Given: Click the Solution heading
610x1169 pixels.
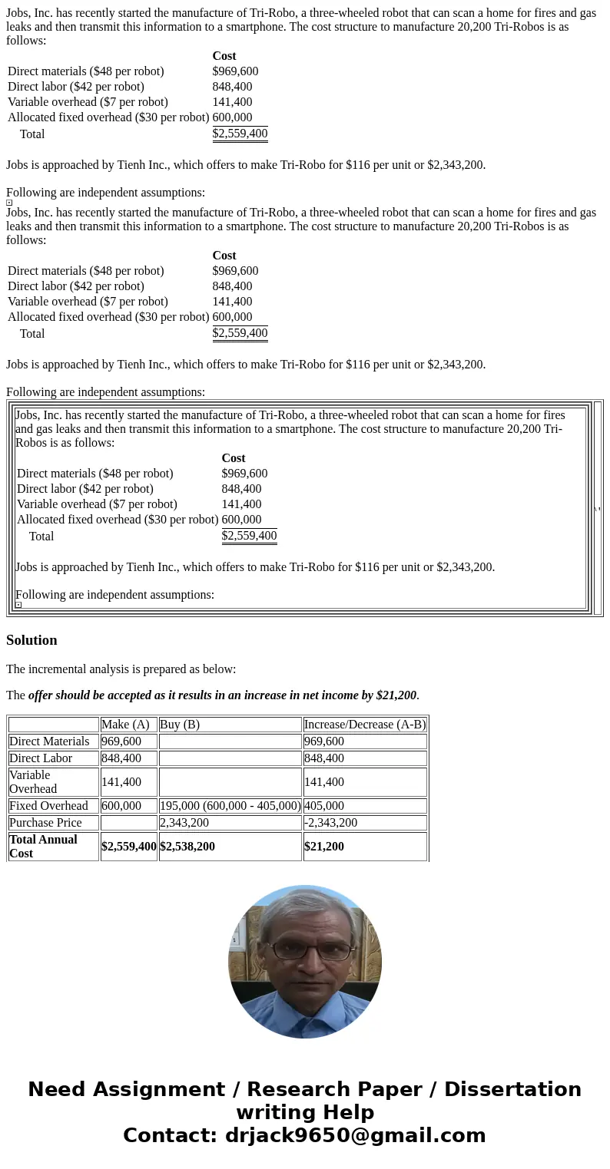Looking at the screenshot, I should (31, 640).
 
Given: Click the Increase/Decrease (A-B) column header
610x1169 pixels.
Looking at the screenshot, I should (365, 725).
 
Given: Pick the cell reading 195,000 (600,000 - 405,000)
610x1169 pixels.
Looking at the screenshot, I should (230, 806).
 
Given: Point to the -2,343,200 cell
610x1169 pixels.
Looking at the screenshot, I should (330, 823).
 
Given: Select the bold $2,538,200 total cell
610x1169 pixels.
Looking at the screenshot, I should (187, 847).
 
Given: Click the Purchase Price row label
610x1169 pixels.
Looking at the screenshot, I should (45, 823).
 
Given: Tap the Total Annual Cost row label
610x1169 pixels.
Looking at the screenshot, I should (43, 847).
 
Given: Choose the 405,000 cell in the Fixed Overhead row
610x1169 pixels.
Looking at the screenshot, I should (324, 806).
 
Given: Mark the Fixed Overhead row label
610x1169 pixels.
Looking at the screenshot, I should (48, 806).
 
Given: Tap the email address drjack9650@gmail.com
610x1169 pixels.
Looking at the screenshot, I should (355, 1136).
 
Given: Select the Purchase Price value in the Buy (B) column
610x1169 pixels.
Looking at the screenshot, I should (184, 823).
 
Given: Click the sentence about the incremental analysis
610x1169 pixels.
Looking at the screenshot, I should (121, 669).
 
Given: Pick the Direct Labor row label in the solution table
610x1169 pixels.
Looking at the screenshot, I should (41, 758).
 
